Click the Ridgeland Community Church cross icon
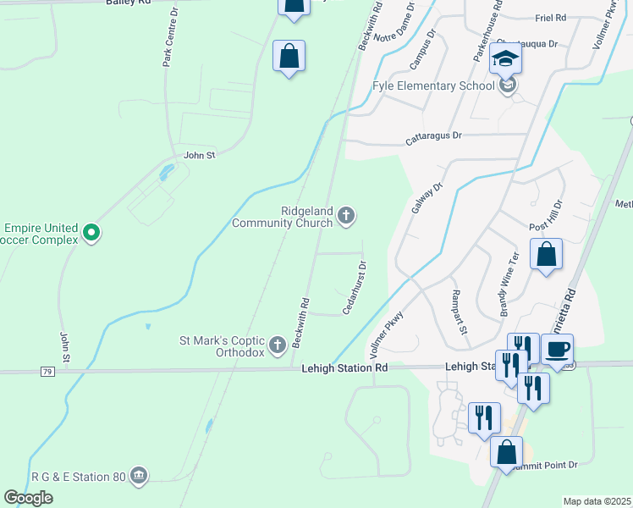(x=345, y=217)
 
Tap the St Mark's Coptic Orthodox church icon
(x=277, y=345)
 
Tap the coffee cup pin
(x=558, y=350)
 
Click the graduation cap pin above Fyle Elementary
(x=506, y=58)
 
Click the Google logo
(x=28, y=498)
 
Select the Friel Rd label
(x=551, y=17)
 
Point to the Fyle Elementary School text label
(x=433, y=86)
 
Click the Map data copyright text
(x=597, y=501)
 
